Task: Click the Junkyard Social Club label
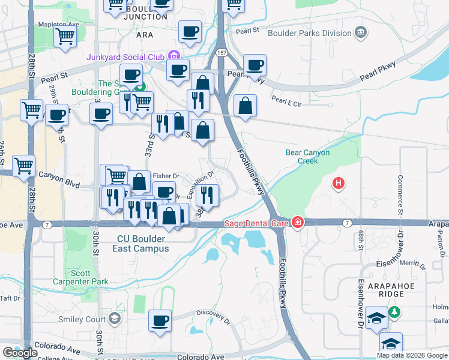[125, 57]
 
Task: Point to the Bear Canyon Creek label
[307, 157]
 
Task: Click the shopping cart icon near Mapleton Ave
[65, 36]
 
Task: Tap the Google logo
[20, 353]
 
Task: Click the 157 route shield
[221, 53]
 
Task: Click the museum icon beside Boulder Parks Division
[361, 32]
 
